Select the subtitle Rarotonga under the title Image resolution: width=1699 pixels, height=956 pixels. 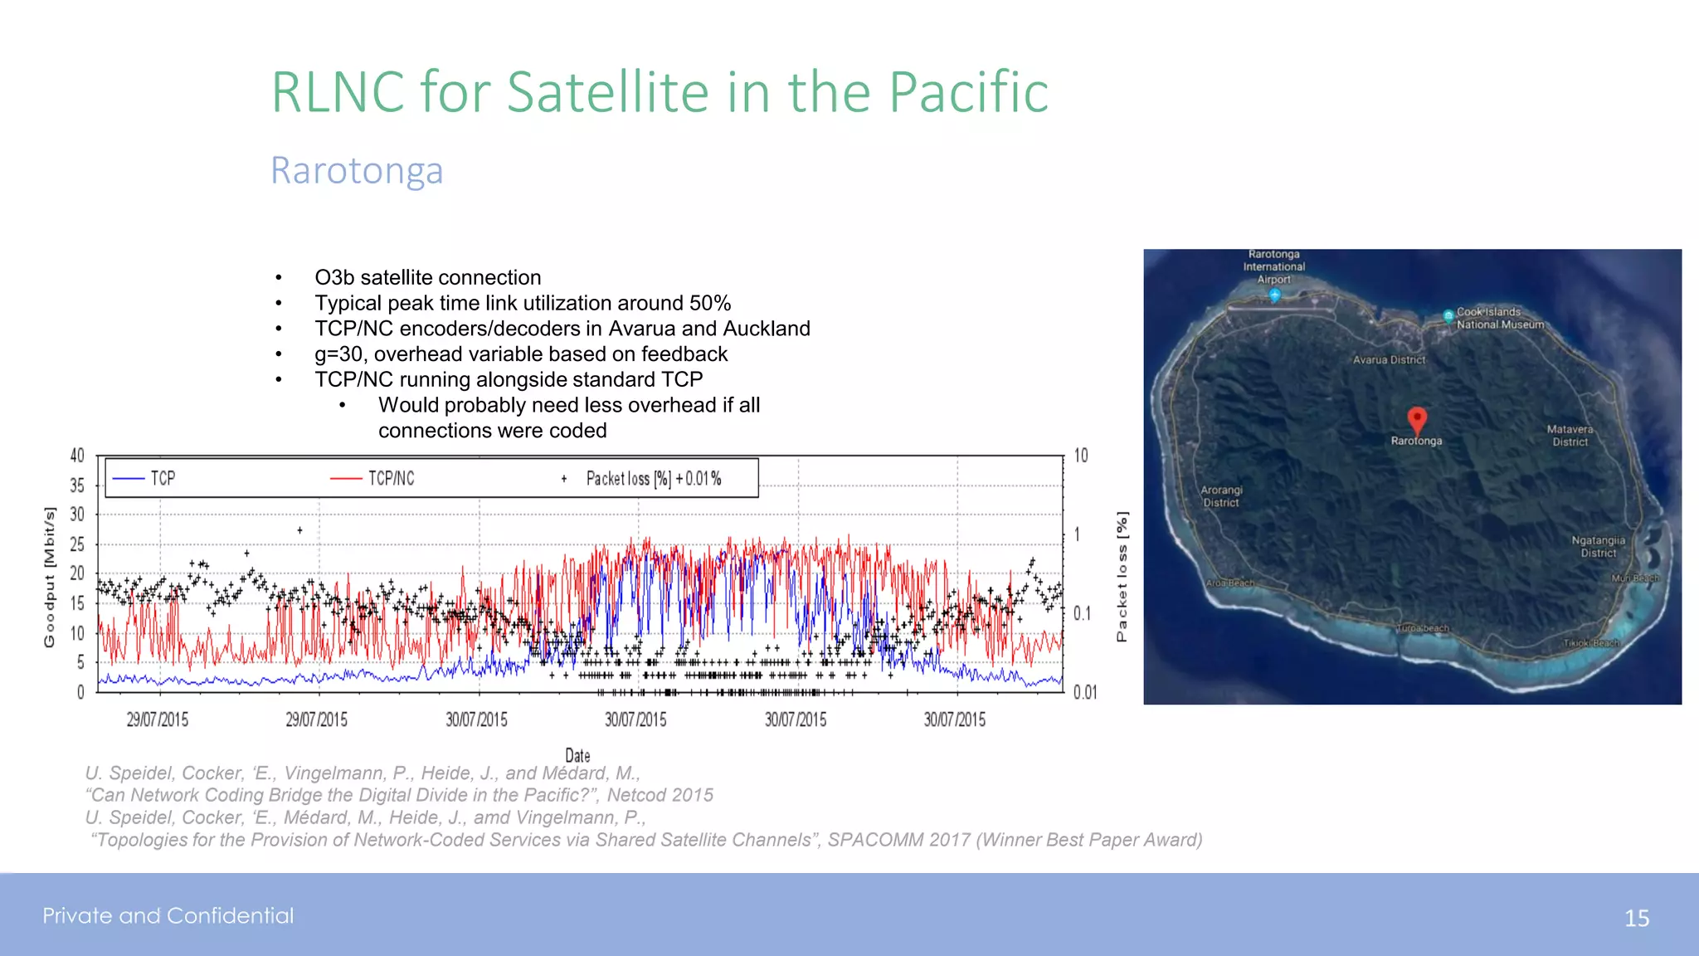click(357, 171)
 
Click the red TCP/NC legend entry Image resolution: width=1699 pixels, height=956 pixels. click(391, 479)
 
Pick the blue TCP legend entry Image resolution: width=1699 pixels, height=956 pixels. click(163, 479)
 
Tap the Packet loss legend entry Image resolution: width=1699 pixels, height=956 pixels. click(653, 479)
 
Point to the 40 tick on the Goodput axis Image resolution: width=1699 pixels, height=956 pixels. click(77, 456)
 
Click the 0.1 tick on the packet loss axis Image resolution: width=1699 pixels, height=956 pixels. click(1082, 613)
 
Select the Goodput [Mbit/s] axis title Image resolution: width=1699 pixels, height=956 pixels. click(50, 577)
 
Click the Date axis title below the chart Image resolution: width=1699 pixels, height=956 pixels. click(577, 755)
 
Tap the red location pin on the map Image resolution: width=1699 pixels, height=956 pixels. click(1417, 420)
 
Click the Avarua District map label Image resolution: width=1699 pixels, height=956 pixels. click(1389, 360)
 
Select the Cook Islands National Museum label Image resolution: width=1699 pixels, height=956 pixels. click(1500, 319)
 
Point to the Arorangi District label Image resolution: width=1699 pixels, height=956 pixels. click(1221, 496)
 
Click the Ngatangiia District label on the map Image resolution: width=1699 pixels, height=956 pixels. click(1598, 546)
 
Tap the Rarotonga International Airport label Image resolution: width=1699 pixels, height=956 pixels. click(1273, 266)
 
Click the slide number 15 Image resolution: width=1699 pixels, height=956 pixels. click(1636, 919)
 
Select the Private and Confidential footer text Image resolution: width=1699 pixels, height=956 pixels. click(168, 915)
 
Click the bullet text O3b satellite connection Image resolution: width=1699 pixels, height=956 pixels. click(427, 277)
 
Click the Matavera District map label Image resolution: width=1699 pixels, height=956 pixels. click(1570, 436)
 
